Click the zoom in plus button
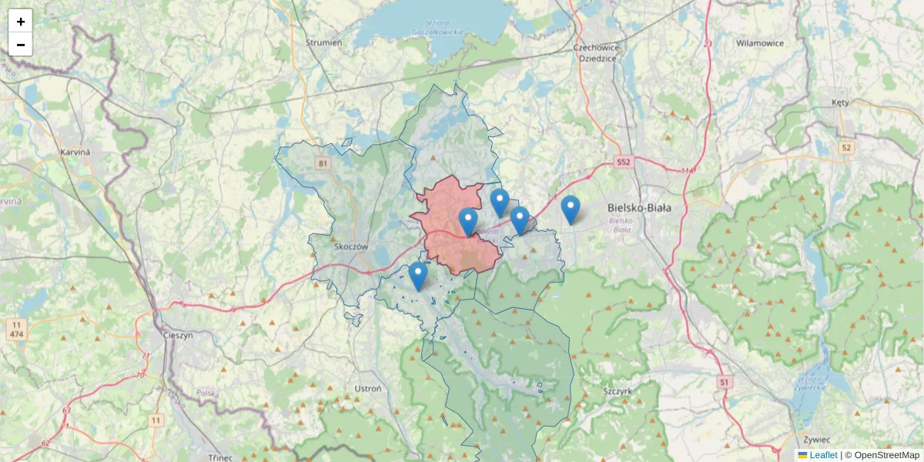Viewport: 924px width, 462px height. (x=21, y=22)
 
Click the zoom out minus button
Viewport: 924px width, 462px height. (x=21, y=45)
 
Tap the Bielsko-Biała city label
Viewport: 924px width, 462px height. (x=639, y=208)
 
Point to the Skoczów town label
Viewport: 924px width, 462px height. (x=353, y=247)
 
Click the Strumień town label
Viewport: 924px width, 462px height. (x=323, y=43)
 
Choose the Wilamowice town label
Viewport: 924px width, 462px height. (x=759, y=43)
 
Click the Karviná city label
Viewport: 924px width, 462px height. (x=75, y=152)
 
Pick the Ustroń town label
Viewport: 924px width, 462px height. (x=367, y=389)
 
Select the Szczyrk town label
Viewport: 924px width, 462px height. (x=617, y=391)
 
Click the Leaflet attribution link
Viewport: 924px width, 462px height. (x=822, y=455)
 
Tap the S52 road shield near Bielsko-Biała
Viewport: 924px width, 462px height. (x=623, y=162)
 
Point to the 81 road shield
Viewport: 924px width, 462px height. (x=322, y=163)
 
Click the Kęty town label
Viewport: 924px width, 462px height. (x=840, y=102)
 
